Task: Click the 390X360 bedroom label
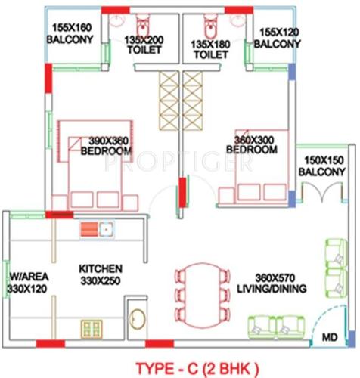[x=107, y=145]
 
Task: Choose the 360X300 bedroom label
[x=252, y=144]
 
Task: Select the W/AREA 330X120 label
[x=29, y=282]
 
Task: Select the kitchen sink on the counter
[x=96, y=228]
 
